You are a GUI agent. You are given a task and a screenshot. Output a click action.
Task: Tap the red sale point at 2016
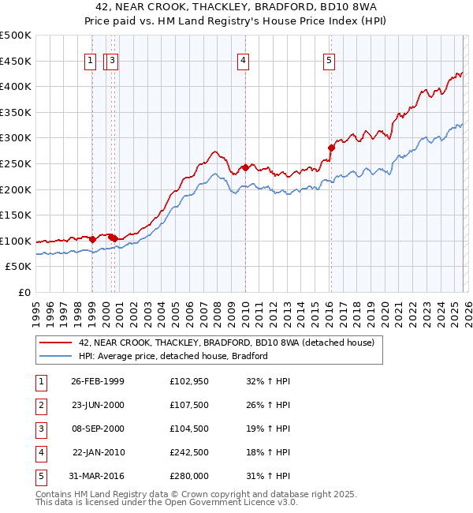coord(331,147)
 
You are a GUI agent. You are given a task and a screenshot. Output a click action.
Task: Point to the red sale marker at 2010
coord(245,167)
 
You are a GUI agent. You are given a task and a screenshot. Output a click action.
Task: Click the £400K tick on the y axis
coord(16,86)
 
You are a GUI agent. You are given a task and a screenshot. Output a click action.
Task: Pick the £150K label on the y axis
coord(16,215)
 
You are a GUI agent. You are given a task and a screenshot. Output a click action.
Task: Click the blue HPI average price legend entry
coord(173,356)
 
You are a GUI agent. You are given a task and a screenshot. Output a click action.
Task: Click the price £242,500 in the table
coord(188,452)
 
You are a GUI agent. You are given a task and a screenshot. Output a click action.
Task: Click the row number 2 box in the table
coord(39,405)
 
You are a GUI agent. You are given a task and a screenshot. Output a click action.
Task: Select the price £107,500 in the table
coord(188,405)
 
